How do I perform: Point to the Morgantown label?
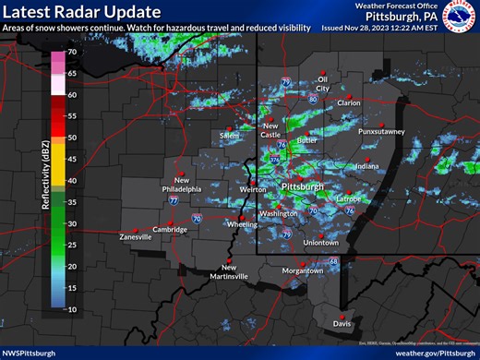[x=302, y=270]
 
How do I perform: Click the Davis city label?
[x=342, y=324]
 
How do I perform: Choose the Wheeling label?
[x=242, y=223]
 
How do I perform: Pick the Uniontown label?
[x=321, y=242]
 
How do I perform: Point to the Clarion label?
[x=349, y=103]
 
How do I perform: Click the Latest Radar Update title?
[x=81, y=12]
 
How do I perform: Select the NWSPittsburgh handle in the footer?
[x=29, y=353]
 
